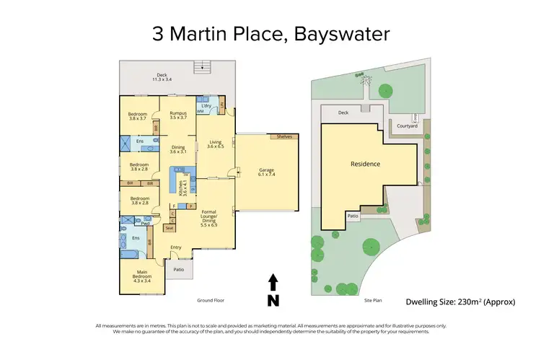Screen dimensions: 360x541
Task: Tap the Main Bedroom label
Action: coord(141,273)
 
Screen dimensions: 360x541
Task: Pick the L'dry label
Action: coord(206,106)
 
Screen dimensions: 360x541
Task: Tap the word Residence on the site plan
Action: coord(365,164)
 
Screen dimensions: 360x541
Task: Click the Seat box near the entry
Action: coord(170,228)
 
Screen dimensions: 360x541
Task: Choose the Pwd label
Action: coord(145,223)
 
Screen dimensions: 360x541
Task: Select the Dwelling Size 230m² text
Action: coord(461,302)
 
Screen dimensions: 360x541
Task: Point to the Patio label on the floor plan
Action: coord(178,271)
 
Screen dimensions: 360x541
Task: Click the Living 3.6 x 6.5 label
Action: coord(214,144)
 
